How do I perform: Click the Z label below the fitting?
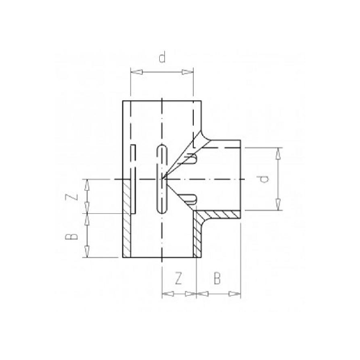click(179, 276)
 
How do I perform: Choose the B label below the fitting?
click(217, 276)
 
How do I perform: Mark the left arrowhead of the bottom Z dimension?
click(164, 294)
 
